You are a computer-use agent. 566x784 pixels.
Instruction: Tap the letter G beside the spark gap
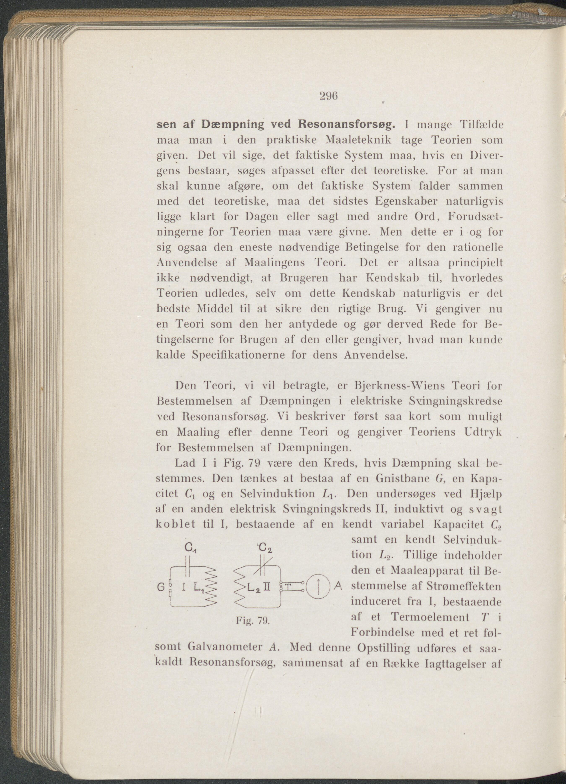[x=160, y=587]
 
